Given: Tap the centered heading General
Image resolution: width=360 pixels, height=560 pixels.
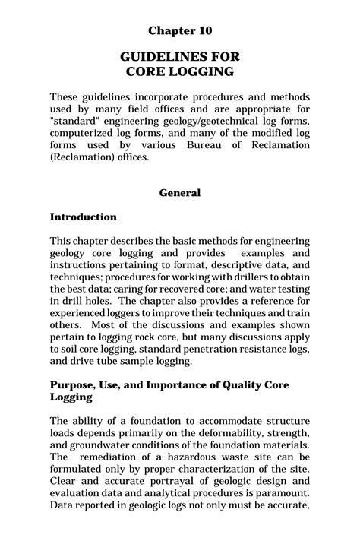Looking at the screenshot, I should click(180, 193).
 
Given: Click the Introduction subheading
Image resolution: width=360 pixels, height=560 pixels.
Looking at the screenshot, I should click(84, 217).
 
